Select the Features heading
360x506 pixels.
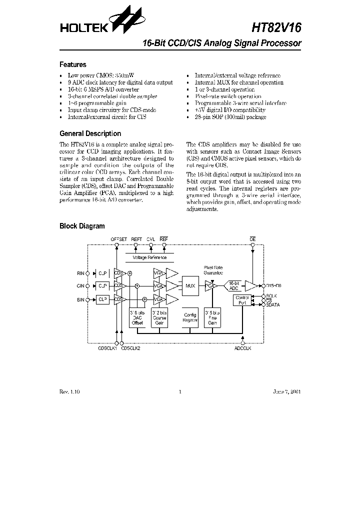73,64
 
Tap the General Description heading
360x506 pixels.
90,133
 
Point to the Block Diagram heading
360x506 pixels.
82,226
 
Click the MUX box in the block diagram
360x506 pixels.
189,285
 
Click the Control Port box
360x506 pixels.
241,300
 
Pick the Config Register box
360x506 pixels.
190,317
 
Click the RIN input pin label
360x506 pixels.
80,273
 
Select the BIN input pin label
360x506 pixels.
80,299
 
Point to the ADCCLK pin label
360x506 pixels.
242,348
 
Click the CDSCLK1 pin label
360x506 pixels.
107,348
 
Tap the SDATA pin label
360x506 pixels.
272,304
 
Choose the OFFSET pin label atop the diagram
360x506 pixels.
119,239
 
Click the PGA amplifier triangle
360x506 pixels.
210,285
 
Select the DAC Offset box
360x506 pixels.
137,317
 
